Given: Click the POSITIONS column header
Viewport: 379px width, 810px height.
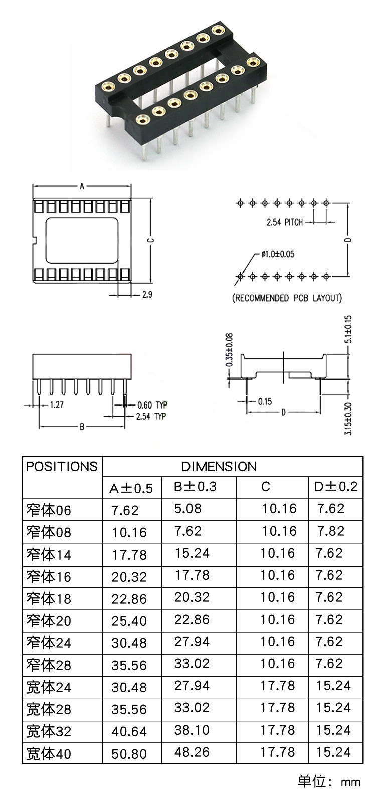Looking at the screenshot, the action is click(x=62, y=466).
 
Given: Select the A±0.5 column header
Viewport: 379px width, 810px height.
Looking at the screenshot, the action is click(x=131, y=488).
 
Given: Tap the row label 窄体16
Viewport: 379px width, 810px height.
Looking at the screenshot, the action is click(x=49, y=576).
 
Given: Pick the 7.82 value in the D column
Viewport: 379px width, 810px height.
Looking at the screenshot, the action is click(x=331, y=531).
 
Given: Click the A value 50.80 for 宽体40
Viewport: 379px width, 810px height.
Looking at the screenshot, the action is click(x=129, y=754).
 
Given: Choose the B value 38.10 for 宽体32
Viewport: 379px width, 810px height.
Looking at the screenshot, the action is click(x=192, y=730).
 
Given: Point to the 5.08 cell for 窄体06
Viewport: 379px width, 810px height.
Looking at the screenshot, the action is click(x=188, y=509).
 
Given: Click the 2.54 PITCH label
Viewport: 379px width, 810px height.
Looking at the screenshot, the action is click(x=285, y=222).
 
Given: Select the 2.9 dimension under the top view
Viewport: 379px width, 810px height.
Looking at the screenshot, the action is click(x=147, y=294).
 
